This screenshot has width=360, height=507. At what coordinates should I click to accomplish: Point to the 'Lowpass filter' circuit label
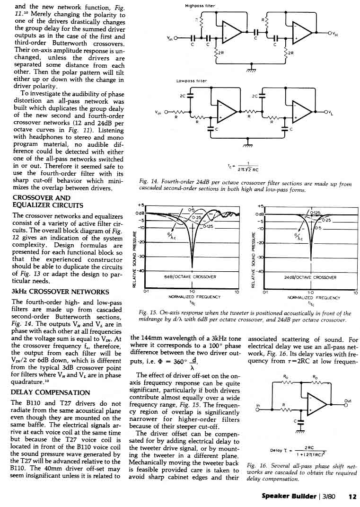(192, 81)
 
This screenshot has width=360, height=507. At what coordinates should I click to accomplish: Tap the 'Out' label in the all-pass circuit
(348, 400)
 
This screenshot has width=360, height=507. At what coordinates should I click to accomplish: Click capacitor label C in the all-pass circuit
(295, 420)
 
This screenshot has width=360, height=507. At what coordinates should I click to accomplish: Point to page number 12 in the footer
(352, 497)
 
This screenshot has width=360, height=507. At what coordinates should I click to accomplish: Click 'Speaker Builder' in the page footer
(289, 497)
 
